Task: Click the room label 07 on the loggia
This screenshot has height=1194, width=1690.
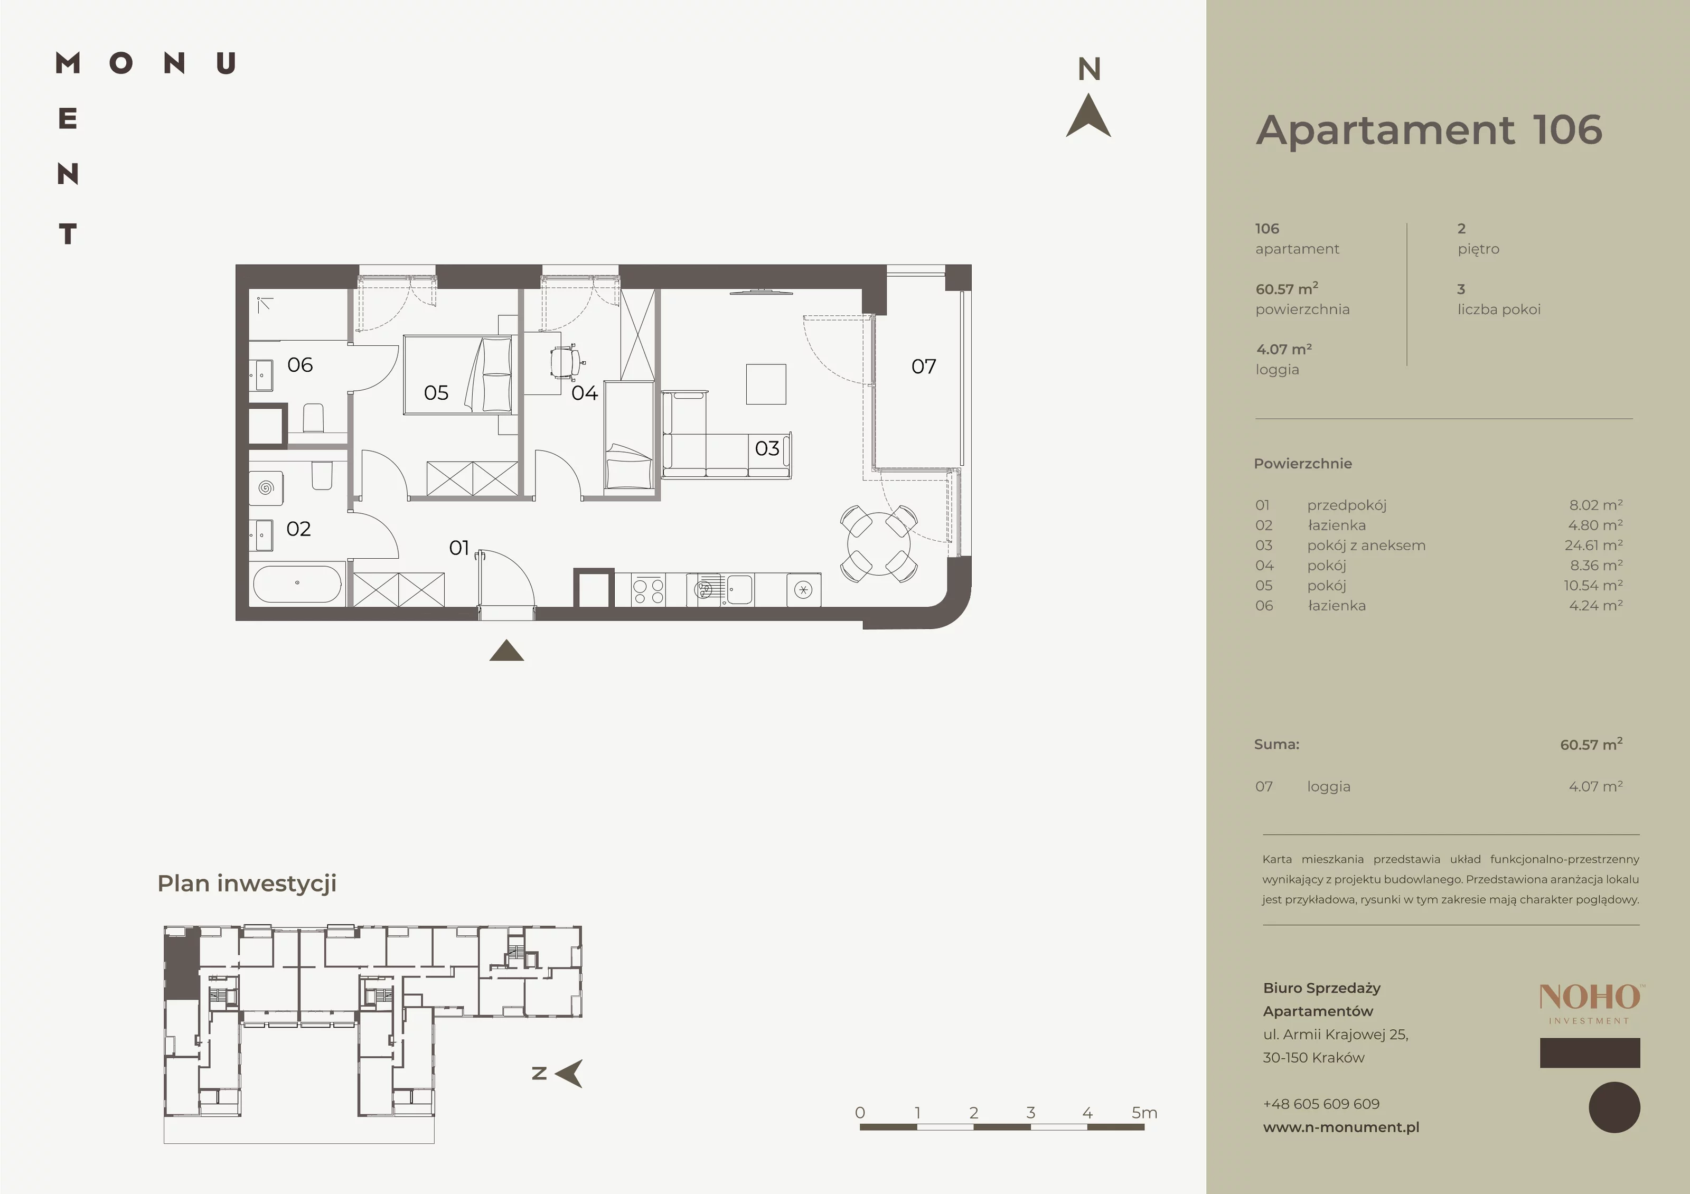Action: click(924, 366)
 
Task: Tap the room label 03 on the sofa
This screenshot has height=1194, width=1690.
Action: click(767, 448)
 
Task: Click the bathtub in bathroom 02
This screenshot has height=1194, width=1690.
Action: click(297, 584)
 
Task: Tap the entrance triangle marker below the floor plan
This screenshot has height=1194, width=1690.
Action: click(506, 651)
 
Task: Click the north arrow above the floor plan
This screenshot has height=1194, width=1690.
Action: click(1088, 116)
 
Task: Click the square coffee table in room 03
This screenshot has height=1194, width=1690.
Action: click(766, 384)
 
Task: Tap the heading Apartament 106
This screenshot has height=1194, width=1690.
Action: click(1429, 130)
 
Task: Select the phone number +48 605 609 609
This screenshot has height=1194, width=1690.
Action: click(1321, 1104)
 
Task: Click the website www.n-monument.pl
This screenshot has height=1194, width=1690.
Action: click(1341, 1127)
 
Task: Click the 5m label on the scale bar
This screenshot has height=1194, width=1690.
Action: click(1144, 1112)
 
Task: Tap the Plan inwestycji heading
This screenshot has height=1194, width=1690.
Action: click(247, 883)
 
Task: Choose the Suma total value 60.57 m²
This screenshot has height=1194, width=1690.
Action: click(1591, 744)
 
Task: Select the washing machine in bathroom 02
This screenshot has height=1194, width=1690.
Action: click(266, 487)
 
